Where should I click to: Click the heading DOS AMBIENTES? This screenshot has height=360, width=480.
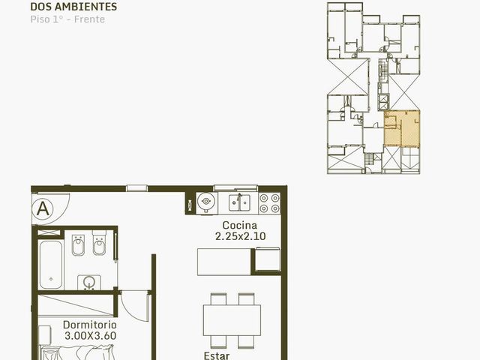(73, 7)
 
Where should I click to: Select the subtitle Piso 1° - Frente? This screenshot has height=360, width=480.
(67, 19)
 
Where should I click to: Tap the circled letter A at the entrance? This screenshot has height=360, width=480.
(43, 209)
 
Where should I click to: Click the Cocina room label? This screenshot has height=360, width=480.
(240, 225)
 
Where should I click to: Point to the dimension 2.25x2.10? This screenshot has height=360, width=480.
(240, 236)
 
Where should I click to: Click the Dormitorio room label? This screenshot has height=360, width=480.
(90, 325)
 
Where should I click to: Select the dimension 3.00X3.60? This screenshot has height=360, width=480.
(90, 335)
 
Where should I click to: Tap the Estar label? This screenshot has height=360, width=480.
(217, 355)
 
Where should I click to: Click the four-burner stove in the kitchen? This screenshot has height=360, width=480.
(269, 203)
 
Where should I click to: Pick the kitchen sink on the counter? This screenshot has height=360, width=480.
(239, 202)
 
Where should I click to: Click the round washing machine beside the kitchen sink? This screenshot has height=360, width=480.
(207, 202)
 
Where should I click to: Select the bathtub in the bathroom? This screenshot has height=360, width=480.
(51, 265)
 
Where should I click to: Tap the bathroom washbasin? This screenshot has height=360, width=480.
(89, 282)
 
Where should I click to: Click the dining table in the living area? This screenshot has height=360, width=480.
(232, 320)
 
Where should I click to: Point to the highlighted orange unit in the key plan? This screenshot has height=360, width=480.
(402, 128)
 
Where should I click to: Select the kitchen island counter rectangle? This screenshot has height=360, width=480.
(224, 262)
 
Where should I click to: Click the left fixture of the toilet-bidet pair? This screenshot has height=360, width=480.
(78, 244)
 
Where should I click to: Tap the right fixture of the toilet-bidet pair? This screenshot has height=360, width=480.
(99, 243)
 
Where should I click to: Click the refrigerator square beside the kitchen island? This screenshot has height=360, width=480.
(268, 259)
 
